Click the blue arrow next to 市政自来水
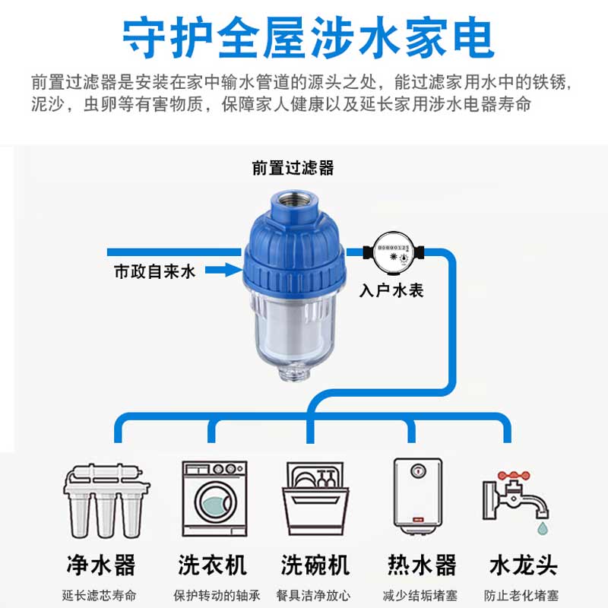coord(223,268)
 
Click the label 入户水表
coord(391,290)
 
